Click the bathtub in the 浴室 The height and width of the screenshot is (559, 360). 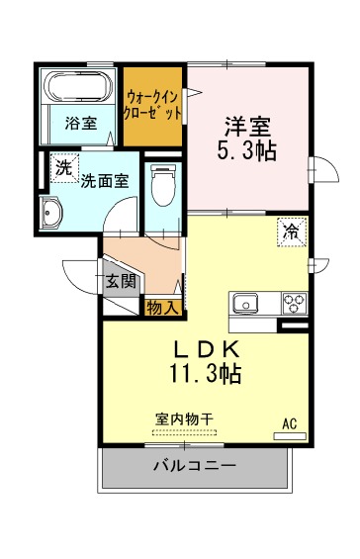(79, 87)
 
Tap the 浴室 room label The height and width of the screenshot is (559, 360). (81, 124)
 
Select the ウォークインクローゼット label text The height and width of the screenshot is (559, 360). (152, 105)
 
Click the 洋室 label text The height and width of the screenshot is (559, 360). (247, 127)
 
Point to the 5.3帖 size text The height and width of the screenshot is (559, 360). (246, 151)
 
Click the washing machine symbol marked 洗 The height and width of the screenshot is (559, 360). (64, 168)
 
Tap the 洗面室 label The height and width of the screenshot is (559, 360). (105, 181)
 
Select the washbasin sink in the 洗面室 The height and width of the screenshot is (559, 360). (51, 213)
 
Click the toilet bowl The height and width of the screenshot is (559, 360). (163, 185)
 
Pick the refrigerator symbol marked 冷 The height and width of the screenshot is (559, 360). (293, 233)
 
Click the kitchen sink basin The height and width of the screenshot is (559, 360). (245, 304)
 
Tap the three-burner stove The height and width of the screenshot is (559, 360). (295, 303)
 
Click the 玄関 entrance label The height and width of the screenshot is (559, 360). (122, 282)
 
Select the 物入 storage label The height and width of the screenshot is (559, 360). (162, 308)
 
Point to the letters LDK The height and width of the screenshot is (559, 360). (207, 350)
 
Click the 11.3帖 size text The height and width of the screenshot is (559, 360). (206, 374)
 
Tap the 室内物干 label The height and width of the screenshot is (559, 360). (184, 419)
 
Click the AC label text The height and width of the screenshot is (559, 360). (290, 423)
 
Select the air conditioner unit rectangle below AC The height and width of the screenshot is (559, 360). (290, 436)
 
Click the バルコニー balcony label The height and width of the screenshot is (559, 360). (195, 466)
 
